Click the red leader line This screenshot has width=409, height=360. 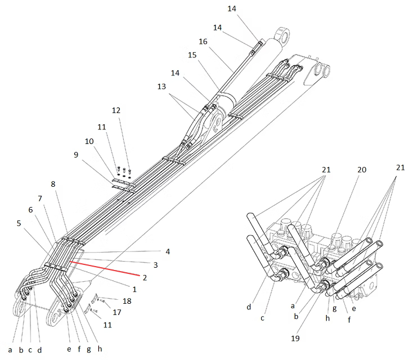point(105,268)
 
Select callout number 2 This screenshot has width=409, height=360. point(145,277)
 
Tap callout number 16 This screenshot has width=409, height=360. point(203,42)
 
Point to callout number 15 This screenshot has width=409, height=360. point(192,55)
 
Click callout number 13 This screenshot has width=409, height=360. point(161,87)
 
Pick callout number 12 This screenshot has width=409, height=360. point(116,110)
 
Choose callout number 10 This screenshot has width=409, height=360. point(89,141)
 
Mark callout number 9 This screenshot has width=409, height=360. point(76,155)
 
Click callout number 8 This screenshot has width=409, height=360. point(53,184)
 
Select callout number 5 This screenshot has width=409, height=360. point(19,223)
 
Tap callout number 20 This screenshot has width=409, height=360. point(362,170)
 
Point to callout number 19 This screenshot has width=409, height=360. point(295,339)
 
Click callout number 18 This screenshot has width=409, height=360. point(127,301)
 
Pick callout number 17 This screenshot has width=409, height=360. point(117,312)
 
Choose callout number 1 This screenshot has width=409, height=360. point(134,289)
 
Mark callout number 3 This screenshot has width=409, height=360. point(156,265)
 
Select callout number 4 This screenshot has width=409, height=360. point(168,251)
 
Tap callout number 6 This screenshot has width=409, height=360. point(30,210)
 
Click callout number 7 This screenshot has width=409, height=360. point(40,199)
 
